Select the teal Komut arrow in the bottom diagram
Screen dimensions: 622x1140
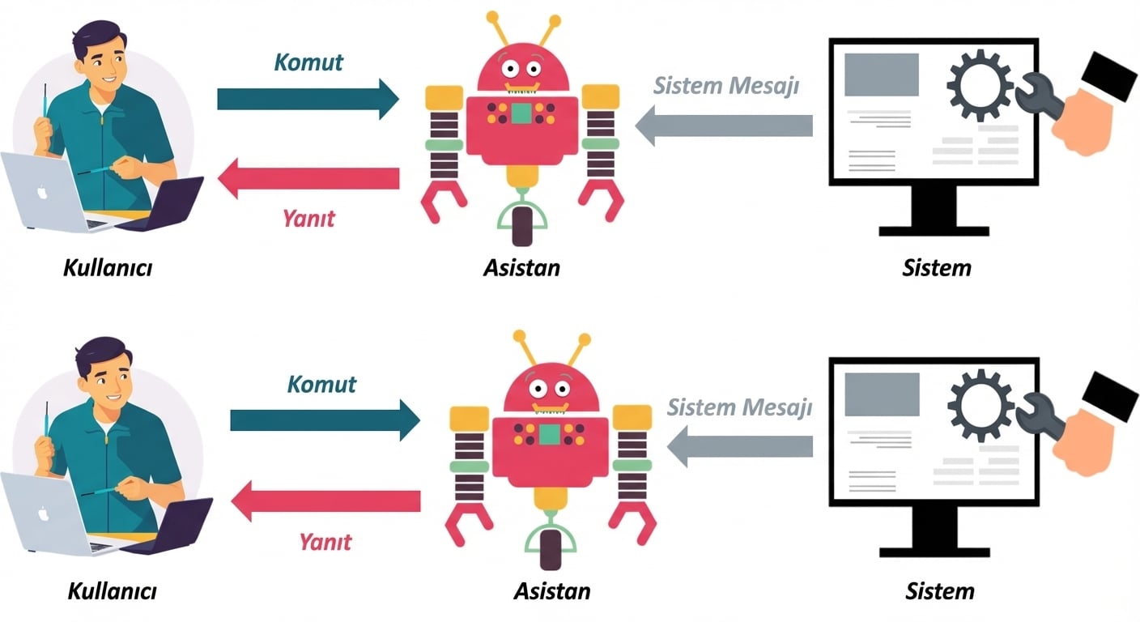[x=324, y=420]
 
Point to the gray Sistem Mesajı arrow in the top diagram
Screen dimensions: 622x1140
[x=725, y=126]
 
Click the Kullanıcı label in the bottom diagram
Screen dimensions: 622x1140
[x=112, y=591]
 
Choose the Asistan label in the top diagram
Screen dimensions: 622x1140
[x=521, y=267]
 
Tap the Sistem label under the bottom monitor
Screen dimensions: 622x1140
[x=939, y=590]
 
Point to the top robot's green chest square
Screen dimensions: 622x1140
[x=521, y=113]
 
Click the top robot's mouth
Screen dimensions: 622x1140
[x=521, y=84]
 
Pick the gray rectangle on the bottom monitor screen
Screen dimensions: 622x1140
[x=882, y=394]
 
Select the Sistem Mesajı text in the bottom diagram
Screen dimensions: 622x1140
[x=739, y=407]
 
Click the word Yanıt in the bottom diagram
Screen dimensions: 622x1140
[x=325, y=541]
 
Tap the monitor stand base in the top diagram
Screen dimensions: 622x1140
[x=934, y=230]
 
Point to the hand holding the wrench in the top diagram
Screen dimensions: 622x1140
[x=1081, y=121]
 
